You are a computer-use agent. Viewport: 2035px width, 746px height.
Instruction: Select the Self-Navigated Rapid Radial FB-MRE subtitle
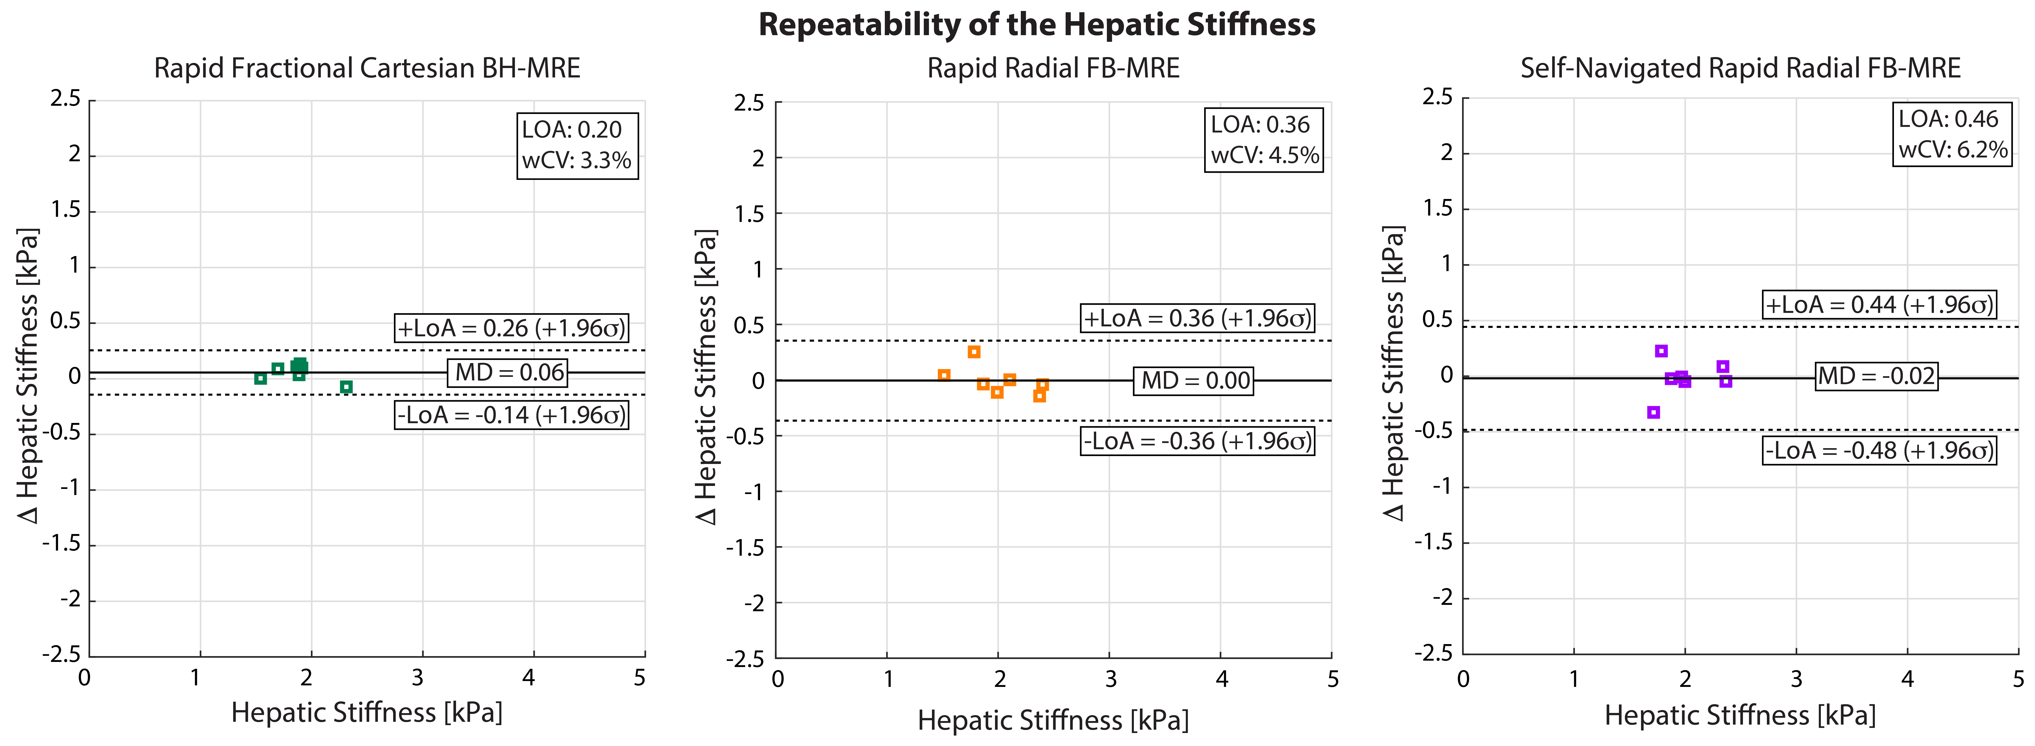coord(1740,69)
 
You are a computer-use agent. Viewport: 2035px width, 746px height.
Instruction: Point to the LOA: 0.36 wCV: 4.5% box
coord(1264,140)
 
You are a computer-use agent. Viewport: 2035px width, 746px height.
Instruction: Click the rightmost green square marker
coord(346,387)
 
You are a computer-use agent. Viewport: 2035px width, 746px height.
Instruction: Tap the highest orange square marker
coord(974,352)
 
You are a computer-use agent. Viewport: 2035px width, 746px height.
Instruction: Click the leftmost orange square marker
coord(944,375)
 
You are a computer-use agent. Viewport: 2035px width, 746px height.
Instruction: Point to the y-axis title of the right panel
coord(1394,373)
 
